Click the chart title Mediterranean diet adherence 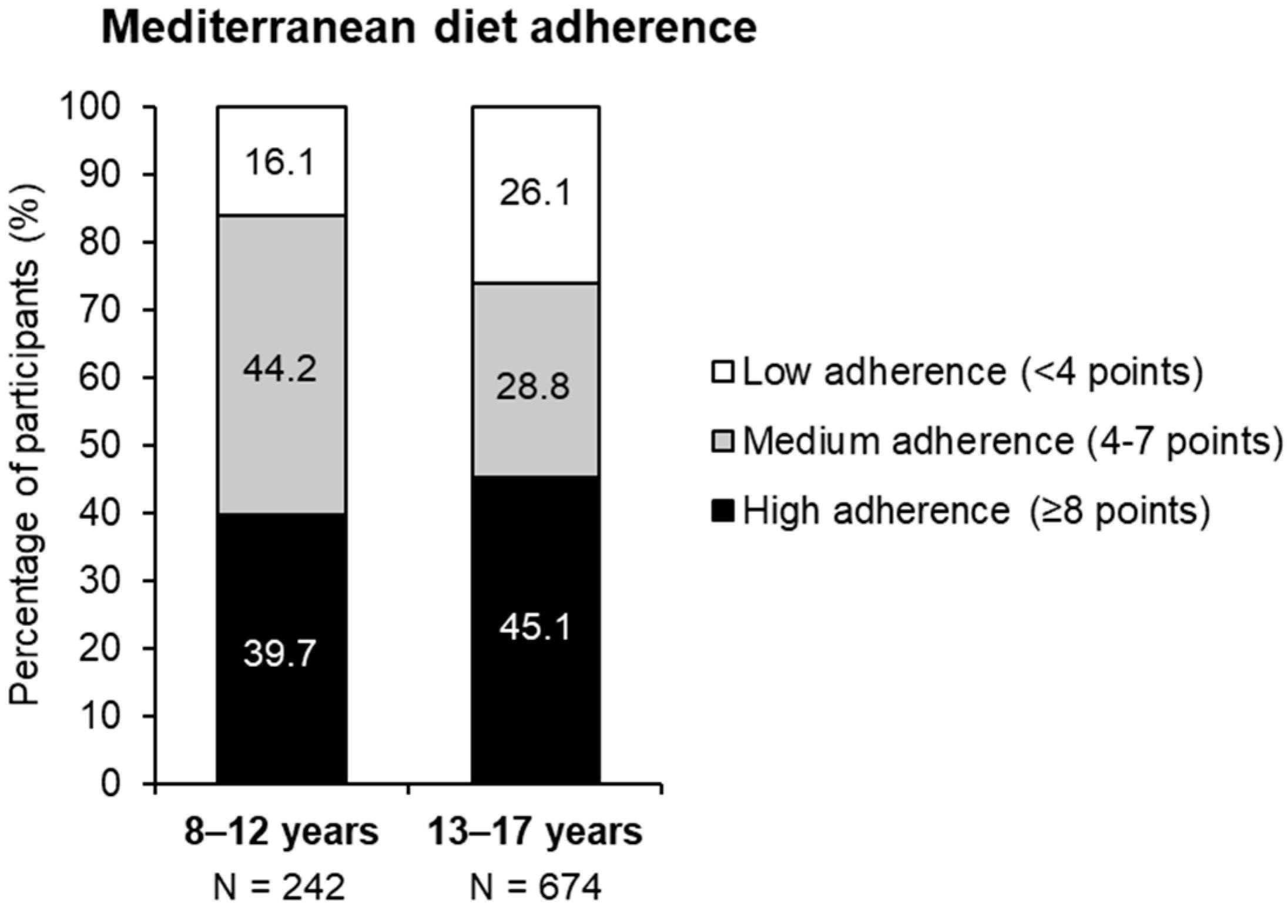[428, 28]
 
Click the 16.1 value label [280, 162]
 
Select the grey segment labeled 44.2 [281, 411]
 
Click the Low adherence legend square [722, 373]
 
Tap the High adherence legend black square [722, 511]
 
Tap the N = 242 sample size [280, 887]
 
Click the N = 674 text [535, 887]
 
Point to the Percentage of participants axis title [26, 444]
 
